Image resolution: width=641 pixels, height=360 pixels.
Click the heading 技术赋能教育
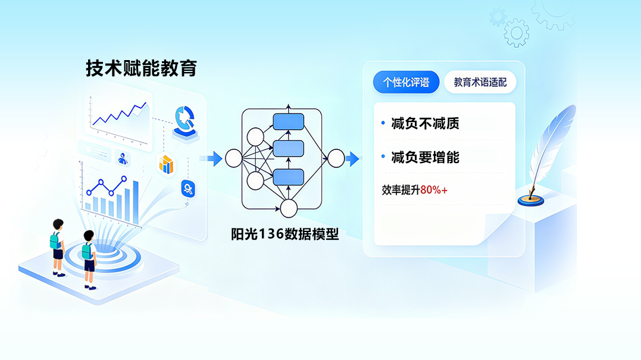click(x=142, y=68)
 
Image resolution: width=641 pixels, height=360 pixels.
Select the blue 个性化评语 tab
click(x=406, y=82)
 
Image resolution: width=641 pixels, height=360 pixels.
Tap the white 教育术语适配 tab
click(x=480, y=82)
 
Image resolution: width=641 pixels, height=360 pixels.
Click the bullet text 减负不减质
click(x=425, y=123)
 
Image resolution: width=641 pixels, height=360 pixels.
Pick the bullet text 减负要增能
click(x=425, y=157)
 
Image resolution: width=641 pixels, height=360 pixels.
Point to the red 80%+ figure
click(x=434, y=190)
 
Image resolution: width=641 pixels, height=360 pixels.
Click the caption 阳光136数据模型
click(x=285, y=234)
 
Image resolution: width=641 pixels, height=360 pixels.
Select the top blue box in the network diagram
click(x=288, y=122)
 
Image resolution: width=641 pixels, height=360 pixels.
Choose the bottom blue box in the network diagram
click(x=288, y=177)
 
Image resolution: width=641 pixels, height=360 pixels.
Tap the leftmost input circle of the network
click(x=234, y=158)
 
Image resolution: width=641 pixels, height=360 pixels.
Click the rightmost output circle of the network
click(x=336, y=158)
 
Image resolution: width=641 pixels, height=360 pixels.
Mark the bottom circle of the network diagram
click(x=289, y=208)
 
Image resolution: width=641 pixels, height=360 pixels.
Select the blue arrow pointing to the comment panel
click(x=352, y=158)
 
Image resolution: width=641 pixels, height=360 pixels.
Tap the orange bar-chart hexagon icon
click(x=167, y=164)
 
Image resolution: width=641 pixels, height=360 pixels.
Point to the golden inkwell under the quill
click(x=531, y=200)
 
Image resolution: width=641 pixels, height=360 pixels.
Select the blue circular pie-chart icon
click(x=185, y=119)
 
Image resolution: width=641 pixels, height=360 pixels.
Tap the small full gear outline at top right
click(x=517, y=33)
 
